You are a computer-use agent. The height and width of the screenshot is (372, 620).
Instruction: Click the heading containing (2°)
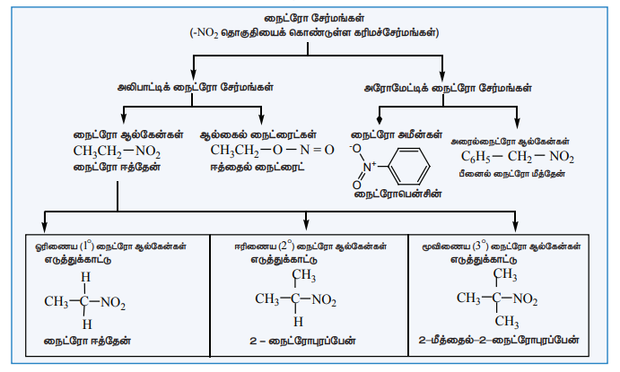[x=312, y=244]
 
